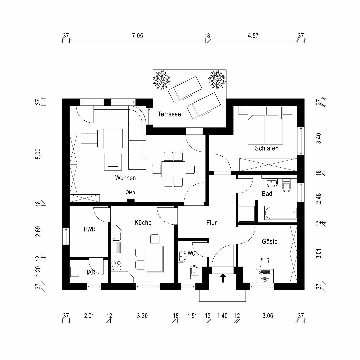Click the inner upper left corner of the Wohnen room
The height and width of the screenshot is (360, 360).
pos(70,106)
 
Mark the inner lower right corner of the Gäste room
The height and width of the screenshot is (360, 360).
pos(297,283)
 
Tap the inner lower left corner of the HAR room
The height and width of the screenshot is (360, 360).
pos(70,283)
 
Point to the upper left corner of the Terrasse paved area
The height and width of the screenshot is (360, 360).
pos(153,70)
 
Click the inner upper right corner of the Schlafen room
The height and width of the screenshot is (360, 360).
pos(297,106)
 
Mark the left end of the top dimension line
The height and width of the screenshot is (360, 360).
pos(61,41)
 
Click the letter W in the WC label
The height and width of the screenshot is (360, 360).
pos(190,253)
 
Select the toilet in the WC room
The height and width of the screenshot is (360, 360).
pos(194,272)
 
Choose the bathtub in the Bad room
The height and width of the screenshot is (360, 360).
pos(281,213)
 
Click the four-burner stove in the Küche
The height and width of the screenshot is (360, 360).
pos(116,265)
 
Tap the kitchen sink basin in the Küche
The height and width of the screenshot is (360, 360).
pos(116,236)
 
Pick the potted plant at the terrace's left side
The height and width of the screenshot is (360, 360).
pos(161,79)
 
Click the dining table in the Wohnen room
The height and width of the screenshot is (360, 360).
pos(173,169)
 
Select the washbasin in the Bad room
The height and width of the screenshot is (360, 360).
pos(272,183)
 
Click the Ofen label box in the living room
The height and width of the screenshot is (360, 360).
pos(130,192)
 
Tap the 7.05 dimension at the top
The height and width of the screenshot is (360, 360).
pos(138,36)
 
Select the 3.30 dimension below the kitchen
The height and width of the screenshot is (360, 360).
pos(142,316)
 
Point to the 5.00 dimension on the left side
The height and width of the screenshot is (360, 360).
pos(38,154)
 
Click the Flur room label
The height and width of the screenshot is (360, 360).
pos(211,223)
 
